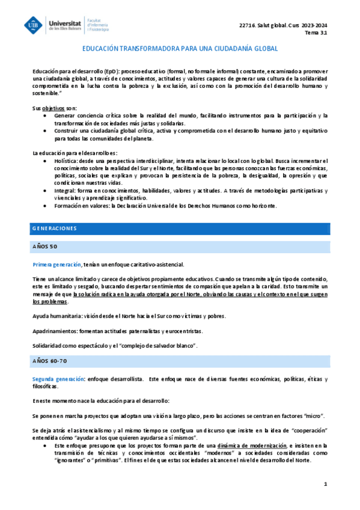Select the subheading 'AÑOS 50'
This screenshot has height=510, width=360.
(45, 247)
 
